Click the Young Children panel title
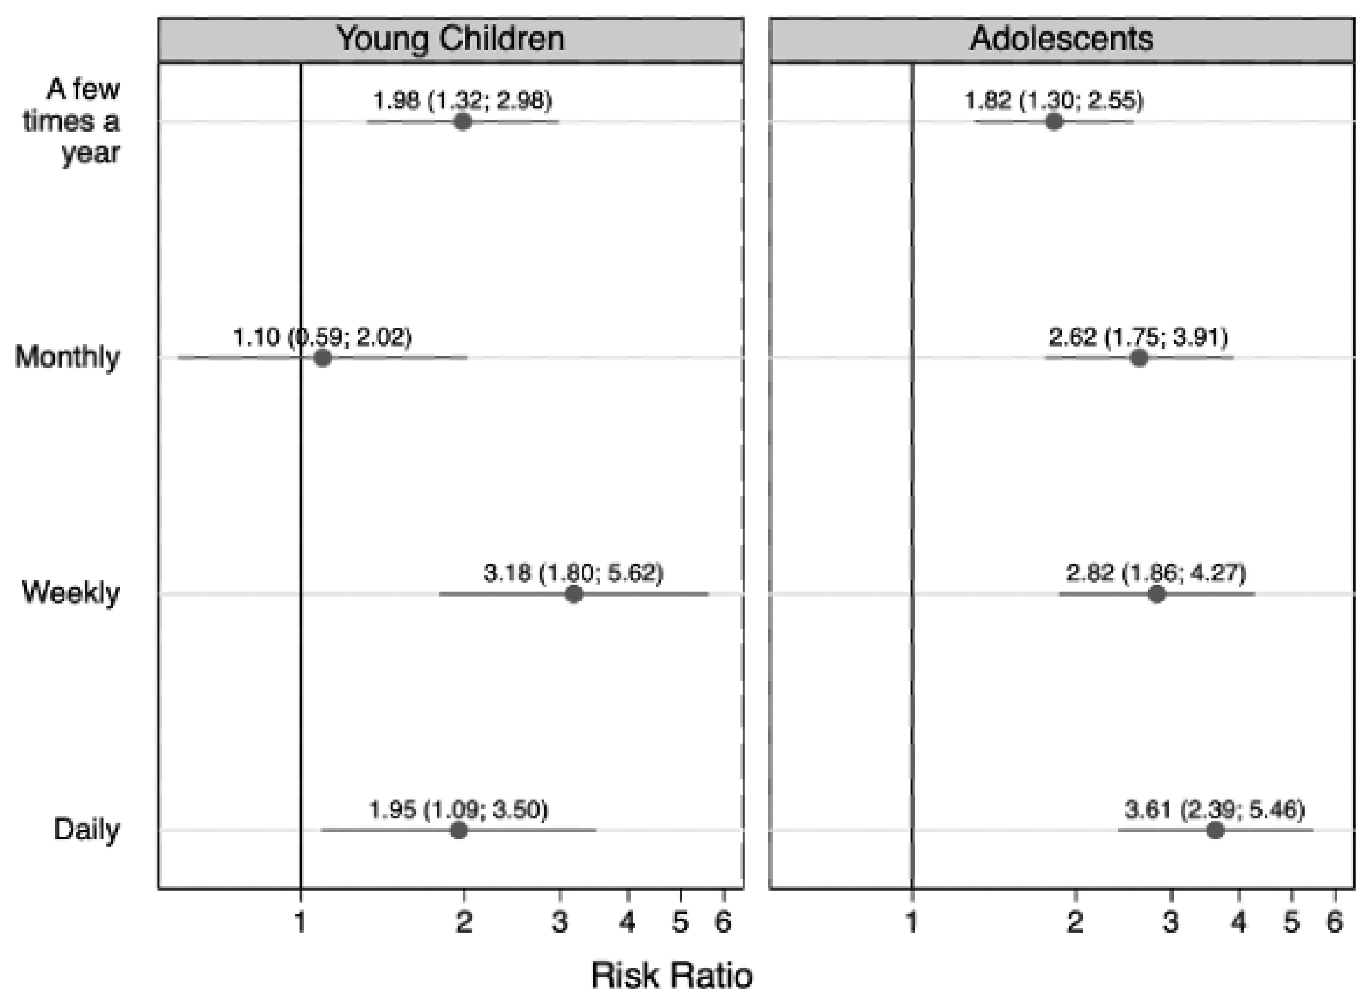pyautogui.click(x=451, y=39)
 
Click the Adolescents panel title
pyautogui.click(x=1061, y=39)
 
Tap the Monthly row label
pyautogui.click(x=67, y=357)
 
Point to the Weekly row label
pyautogui.click(x=71, y=593)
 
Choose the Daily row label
pyautogui.click(x=86, y=829)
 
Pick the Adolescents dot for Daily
pyautogui.click(x=1215, y=830)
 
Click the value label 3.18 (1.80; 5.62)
pyautogui.click(x=573, y=573)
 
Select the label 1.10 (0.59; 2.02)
pyautogui.click(x=322, y=337)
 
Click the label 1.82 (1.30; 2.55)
pyautogui.click(x=1054, y=100)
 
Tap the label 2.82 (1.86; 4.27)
pyautogui.click(x=1156, y=573)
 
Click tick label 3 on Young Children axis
pyautogui.click(x=559, y=923)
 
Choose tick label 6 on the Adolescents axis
pyautogui.click(x=1334, y=923)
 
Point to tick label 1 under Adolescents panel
pyautogui.click(x=912, y=923)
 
